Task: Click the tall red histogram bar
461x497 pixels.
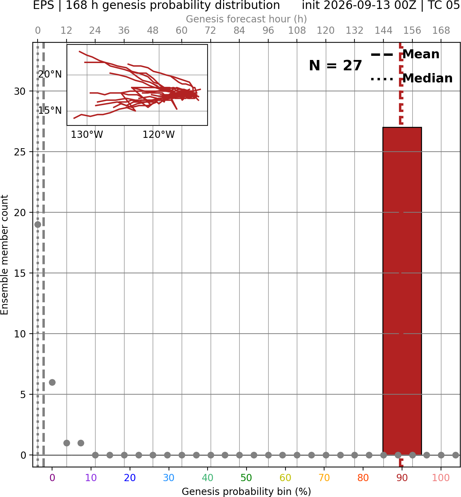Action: [402, 291]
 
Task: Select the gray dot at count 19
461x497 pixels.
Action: [38, 224]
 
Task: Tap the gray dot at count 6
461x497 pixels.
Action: [52, 382]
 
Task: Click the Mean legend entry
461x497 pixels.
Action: [405, 54]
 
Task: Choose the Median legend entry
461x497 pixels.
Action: [411, 78]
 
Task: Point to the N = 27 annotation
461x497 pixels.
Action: [335, 65]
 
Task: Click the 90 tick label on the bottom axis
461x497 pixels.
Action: [402, 478]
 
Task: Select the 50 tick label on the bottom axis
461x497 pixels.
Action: [246, 478]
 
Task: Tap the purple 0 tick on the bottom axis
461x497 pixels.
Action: [52, 478]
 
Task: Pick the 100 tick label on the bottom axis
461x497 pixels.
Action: [441, 478]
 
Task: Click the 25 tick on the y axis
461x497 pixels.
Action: [20, 152]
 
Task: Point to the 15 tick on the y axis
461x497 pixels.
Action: [20, 273]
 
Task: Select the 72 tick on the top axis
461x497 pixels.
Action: [210, 31]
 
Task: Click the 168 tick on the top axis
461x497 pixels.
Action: [441, 31]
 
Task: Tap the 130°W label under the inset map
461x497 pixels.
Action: [87, 135]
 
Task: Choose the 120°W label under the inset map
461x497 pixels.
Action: [159, 135]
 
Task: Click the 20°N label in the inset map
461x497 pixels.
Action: [50, 74]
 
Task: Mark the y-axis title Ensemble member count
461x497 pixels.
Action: [4, 255]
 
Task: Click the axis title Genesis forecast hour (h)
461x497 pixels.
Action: [247, 19]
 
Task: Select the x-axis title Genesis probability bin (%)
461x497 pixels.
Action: [247, 491]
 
